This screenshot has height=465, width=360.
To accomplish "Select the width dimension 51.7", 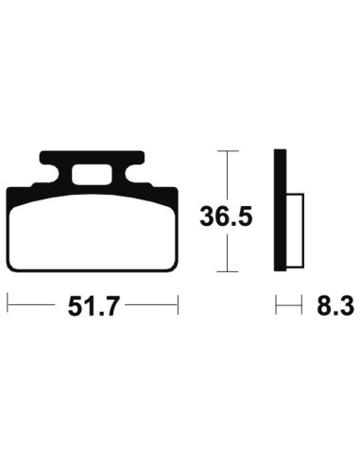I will [93, 306].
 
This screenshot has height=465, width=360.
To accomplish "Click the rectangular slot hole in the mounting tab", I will [93, 174].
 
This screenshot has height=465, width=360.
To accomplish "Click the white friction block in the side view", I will [294, 232].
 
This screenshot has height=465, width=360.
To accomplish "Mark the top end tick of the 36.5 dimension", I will [225, 150].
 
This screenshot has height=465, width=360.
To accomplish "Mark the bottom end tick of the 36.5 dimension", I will [225, 271].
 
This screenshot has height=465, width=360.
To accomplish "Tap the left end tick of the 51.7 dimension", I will [8, 305].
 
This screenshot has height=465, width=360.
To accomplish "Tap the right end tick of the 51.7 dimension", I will [178, 305].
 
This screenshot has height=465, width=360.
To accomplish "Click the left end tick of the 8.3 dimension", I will [276, 305].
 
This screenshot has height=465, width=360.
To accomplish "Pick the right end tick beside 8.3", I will [301, 305].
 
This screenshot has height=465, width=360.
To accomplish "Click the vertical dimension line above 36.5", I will [225, 175].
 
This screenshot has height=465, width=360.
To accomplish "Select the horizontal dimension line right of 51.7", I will [151, 305].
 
